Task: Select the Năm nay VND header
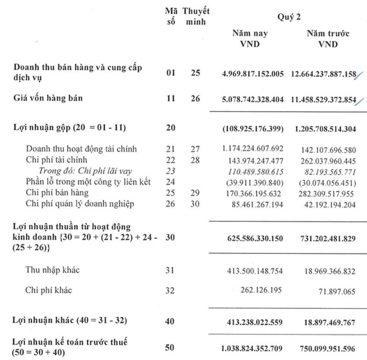(x=250, y=39)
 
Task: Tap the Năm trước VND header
(x=327, y=39)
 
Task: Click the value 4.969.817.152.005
(x=253, y=73)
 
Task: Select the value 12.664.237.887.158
(x=324, y=73)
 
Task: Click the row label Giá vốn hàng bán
(x=44, y=98)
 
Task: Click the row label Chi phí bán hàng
(x=51, y=192)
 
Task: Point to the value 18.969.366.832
(x=328, y=272)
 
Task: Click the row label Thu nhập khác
(x=52, y=270)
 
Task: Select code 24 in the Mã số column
(x=171, y=182)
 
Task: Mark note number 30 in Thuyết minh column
(x=195, y=204)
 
